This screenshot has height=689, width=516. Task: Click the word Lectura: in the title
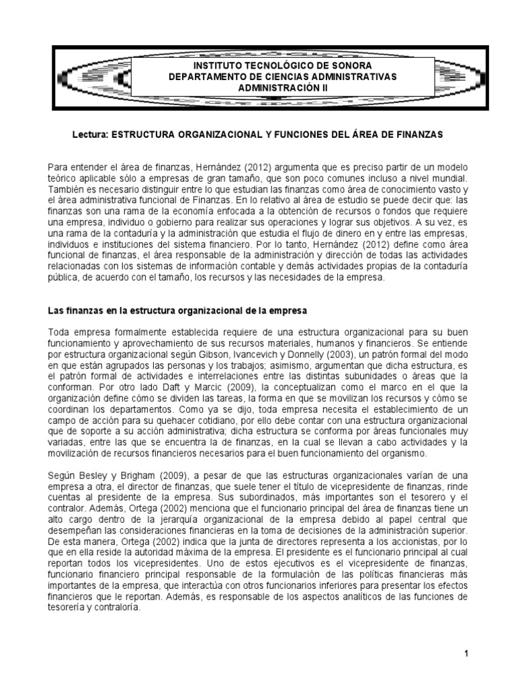click(89, 135)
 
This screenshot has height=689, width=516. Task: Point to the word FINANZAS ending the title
click(421, 135)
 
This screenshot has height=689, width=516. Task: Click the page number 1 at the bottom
click(465, 653)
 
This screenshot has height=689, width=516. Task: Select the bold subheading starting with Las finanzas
click(177, 311)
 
